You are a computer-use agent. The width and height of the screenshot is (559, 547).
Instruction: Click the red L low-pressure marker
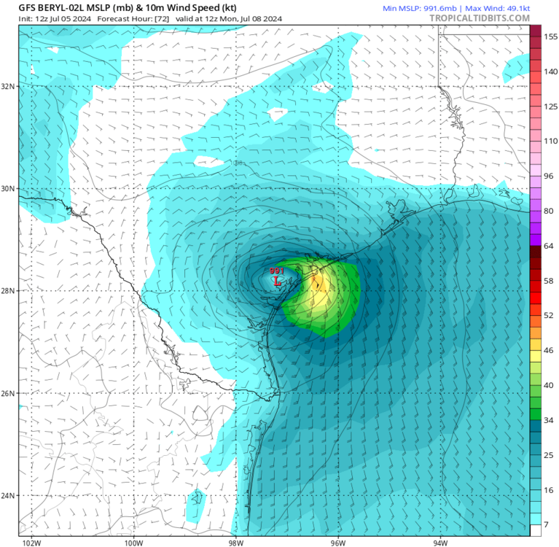(x=276, y=280)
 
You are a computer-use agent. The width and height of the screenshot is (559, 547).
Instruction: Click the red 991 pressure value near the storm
(x=277, y=271)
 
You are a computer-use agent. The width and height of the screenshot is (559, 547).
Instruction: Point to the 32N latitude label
(x=9, y=86)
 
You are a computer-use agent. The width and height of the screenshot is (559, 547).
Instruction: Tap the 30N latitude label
(x=9, y=188)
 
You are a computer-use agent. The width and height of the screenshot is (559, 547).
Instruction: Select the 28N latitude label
(x=9, y=291)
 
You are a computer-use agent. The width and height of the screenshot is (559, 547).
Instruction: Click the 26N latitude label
(x=9, y=393)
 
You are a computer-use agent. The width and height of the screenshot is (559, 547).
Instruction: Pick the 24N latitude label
(x=9, y=496)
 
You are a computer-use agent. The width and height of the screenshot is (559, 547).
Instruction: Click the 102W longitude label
(x=31, y=542)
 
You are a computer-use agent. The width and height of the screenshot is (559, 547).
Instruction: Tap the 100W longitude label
(x=133, y=542)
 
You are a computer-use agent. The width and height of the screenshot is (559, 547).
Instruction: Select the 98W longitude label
(x=236, y=542)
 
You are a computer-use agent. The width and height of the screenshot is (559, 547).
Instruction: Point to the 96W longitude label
(x=338, y=542)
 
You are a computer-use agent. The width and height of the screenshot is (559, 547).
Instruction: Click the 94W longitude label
(x=440, y=542)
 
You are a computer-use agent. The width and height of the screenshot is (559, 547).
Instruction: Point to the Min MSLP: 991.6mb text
(x=415, y=7)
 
